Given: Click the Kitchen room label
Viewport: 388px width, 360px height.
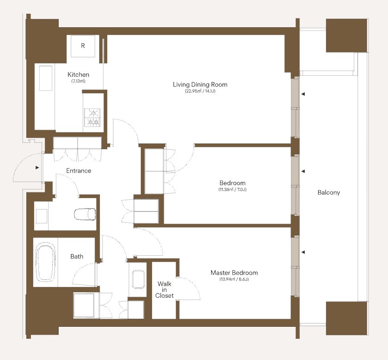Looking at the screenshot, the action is click(x=78, y=74).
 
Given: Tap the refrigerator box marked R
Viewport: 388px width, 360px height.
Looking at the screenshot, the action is click(x=83, y=46).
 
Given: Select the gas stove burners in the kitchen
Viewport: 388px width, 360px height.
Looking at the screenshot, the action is click(x=92, y=117).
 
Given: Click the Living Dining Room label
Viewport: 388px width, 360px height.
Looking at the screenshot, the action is click(x=200, y=84).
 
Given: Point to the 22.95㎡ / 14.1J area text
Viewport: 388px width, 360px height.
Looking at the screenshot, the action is click(x=200, y=91).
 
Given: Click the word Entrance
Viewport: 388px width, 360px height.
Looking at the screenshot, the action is click(x=79, y=171).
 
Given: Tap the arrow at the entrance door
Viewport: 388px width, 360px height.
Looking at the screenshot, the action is click(x=37, y=168).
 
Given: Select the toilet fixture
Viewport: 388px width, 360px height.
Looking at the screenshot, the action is click(x=85, y=214).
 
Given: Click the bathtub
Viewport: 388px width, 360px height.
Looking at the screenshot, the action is click(x=46, y=262).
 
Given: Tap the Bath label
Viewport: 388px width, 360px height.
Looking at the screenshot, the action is click(x=77, y=257).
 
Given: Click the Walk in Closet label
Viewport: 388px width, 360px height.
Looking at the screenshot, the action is click(x=164, y=289).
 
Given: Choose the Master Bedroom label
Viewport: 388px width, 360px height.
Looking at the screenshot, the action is click(x=234, y=273).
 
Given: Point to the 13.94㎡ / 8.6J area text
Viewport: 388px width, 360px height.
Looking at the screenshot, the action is click(x=234, y=279).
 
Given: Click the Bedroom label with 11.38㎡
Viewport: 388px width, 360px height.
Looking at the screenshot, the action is click(x=232, y=183).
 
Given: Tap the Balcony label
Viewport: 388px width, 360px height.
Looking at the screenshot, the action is click(x=328, y=192).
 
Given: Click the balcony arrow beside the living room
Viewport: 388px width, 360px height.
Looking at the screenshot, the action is click(x=303, y=94).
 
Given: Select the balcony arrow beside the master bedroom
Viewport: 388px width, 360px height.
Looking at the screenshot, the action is click(x=303, y=252).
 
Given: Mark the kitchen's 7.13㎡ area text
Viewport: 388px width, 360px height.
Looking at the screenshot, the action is click(x=78, y=81).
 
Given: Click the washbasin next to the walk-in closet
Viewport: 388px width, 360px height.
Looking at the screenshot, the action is click(x=138, y=279).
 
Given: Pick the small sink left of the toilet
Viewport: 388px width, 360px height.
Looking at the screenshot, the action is click(x=42, y=216).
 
